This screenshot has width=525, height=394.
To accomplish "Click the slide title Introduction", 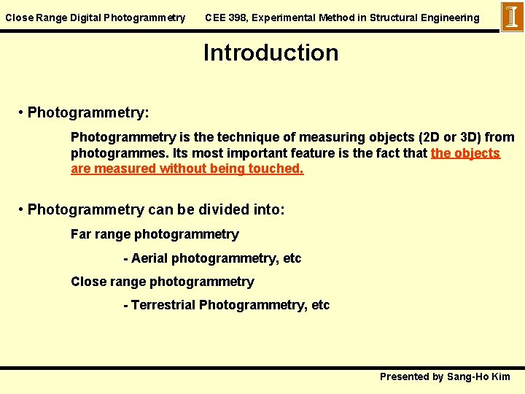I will tap(271, 53).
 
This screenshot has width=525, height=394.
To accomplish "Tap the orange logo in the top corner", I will tap(512, 17).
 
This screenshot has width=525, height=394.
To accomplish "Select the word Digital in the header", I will tap(87, 18).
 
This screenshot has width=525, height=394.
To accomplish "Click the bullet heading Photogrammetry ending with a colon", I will tap(87, 112).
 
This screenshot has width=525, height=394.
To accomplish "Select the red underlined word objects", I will tap(475, 153).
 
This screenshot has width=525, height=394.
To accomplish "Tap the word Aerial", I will tap(149, 258).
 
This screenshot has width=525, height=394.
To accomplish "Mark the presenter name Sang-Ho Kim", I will tap(478, 376).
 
